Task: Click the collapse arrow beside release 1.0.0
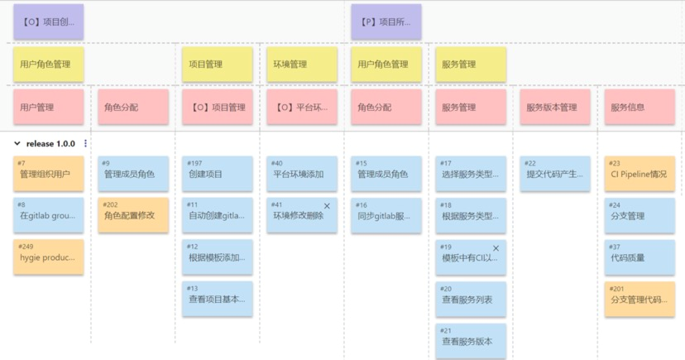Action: tap(17, 144)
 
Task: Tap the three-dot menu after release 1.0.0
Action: tap(86, 144)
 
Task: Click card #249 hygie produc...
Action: tap(48, 257)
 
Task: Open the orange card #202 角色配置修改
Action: tap(133, 214)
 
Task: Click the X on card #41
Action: tap(327, 206)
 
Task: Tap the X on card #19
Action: tap(496, 248)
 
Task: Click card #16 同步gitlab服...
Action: tap(386, 215)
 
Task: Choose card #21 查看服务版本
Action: tap(471, 340)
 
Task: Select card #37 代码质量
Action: tap(639, 257)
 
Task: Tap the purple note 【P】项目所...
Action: tap(386, 22)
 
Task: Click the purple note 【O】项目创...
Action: tap(48, 22)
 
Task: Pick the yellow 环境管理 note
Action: tap(302, 65)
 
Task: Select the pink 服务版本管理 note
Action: tap(555, 107)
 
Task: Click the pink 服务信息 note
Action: tap(639, 107)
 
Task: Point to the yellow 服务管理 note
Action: tap(471, 65)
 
